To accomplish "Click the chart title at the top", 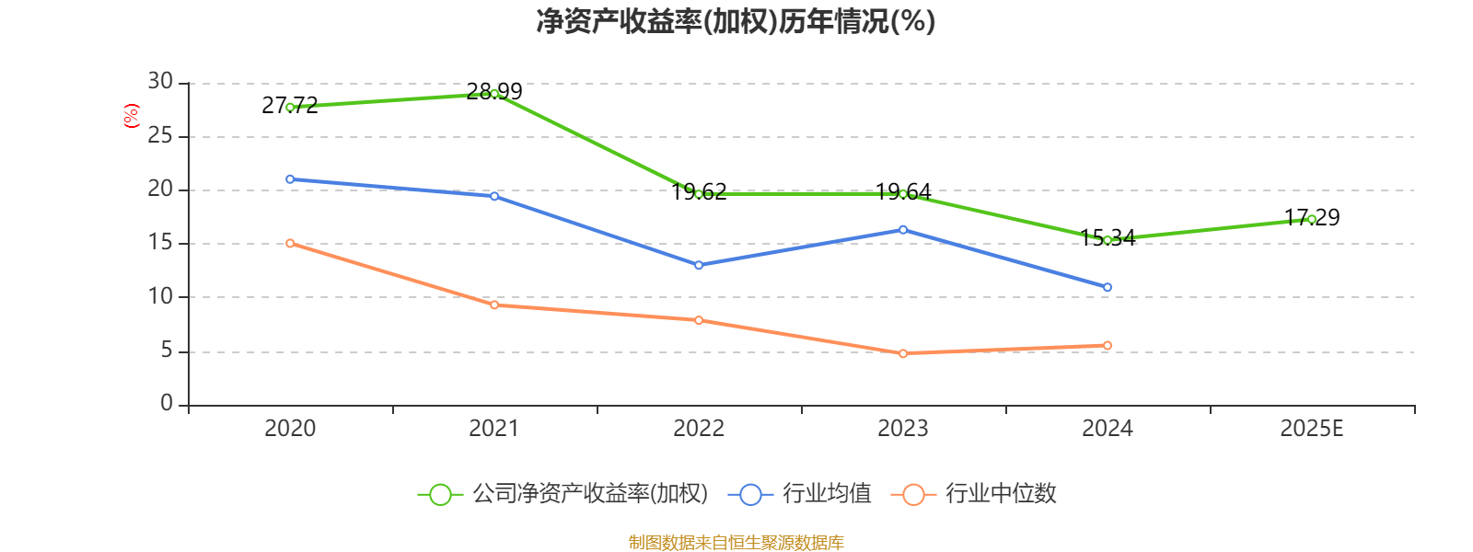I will [x=736, y=21].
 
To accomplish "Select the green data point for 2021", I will [x=494, y=94].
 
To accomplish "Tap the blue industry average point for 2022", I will [x=699, y=265].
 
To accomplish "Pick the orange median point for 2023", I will [x=903, y=353].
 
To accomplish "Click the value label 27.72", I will [x=289, y=106].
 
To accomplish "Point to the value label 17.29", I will [x=1312, y=218].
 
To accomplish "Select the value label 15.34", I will [x=1108, y=238].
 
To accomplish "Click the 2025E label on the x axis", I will [x=1311, y=429].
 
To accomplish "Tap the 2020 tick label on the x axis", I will [x=290, y=429].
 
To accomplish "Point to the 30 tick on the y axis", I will [x=160, y=82].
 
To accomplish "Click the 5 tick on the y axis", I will [x=167, y=351].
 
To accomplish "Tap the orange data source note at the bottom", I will [x=736, y=542].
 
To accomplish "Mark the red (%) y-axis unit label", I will [x=132, y=116].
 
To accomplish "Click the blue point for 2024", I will [x=1108, y=287].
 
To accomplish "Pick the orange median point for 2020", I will [x=290, y=243].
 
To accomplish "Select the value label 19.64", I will [x=903, y=192].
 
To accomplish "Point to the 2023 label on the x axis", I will [x=903, y=429].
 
